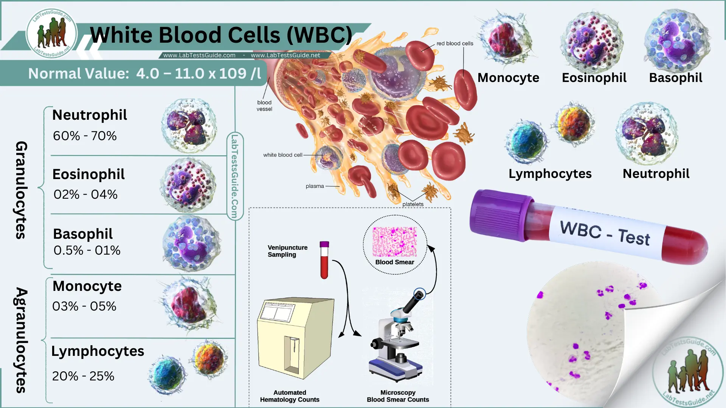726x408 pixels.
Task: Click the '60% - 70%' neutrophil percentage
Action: [x=85, y=136]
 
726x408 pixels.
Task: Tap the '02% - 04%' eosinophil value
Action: [x=85, y=195]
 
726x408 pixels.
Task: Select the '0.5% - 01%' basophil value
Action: [x=87, y=250]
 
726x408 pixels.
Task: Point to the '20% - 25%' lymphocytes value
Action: [x=83, y=376]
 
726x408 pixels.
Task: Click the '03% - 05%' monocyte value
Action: [x=84, y=306]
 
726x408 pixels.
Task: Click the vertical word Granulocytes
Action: [x=21, y=190]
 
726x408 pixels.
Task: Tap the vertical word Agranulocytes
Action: [x=21, y=340]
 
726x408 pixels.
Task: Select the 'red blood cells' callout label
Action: [x=455, y=43]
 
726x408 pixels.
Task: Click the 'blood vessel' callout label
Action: [x=264, y=106]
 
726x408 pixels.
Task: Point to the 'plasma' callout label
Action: [x=315, y=186]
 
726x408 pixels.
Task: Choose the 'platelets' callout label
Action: [x=413, y=204]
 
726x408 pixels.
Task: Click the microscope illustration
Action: [x=397, y=340]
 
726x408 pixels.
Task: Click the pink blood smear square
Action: [x=394, y=242]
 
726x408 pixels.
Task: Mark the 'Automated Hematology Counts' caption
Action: [x=290, y=396]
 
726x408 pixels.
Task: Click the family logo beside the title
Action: [x=52, y=33]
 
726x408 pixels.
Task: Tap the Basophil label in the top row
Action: [x=675, y=78]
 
